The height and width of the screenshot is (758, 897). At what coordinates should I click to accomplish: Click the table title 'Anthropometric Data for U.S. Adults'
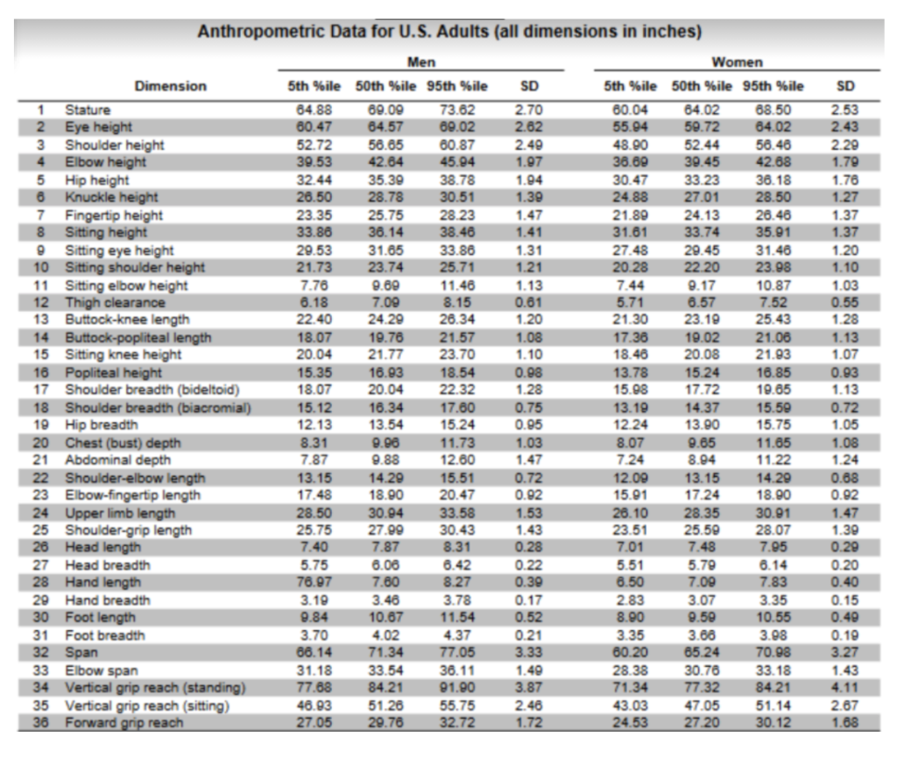click(449, 32)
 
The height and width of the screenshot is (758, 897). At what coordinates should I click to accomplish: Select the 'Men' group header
click(421, 63)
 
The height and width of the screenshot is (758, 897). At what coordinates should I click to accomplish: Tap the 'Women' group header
click(737, 63)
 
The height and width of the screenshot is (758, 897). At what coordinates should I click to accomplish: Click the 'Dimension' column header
click(171, 86)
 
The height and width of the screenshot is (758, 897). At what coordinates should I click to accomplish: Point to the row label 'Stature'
click(88, 110)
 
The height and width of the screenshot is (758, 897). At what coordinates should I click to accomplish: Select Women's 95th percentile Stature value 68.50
click(774, 110)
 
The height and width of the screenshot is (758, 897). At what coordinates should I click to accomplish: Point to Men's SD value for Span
click(526, 653)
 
